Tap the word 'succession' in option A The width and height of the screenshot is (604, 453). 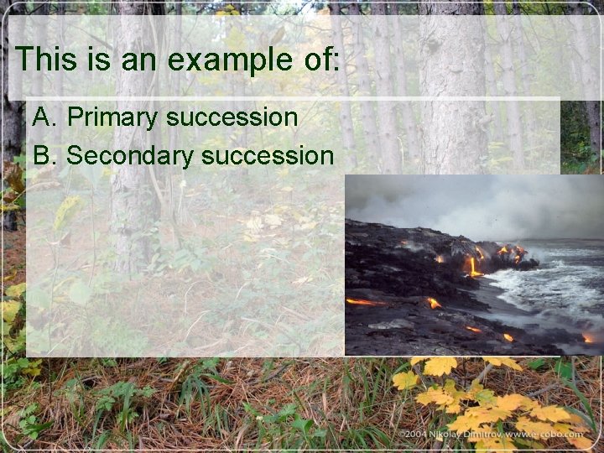coord(232,117)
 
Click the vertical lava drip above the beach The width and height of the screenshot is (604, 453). coord(472,266)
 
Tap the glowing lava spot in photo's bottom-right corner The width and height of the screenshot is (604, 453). coord(587,338)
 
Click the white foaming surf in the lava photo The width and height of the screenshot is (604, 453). coord(537,285)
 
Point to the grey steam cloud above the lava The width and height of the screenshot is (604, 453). coord(470,201)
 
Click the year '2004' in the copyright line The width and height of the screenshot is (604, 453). coord(412,435)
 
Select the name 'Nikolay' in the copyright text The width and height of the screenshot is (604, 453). coord(445,435)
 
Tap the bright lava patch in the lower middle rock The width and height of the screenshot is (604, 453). coord(434,303)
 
